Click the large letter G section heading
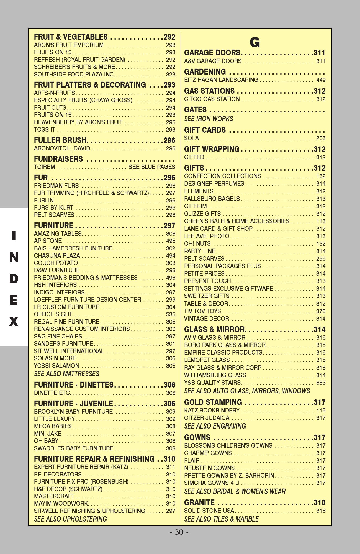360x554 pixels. [x=255, y=42]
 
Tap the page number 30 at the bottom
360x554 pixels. [x=179, y=532]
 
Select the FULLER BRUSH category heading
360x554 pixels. [x=60, y=140]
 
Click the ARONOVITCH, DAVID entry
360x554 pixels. [x=62, y=148]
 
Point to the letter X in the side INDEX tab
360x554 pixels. [x=14, y=322]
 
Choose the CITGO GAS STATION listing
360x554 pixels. [x=212, y=99]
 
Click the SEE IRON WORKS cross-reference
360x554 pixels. [x=209, y=119]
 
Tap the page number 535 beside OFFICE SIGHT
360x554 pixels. [x=171, y=314]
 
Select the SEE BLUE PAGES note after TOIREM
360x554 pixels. [x=152, y=167]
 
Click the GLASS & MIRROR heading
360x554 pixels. [x=214, y=329]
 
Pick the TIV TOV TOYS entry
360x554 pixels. [x=202, y=311]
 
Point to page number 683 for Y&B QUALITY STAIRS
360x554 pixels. [x=321, y=383]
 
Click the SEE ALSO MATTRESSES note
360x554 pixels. [x=66, y=374]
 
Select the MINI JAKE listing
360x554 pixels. [x=48, y=434]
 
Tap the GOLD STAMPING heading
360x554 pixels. [x=213, y=402]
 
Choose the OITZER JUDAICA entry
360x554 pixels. [x=207, y=418]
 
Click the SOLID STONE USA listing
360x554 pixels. [x=209, y=511]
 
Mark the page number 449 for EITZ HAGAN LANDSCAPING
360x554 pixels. [x=321, y=80]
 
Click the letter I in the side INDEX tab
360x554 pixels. [x=14, y=236]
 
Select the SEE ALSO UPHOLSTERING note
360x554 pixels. [x=70, y=519]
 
